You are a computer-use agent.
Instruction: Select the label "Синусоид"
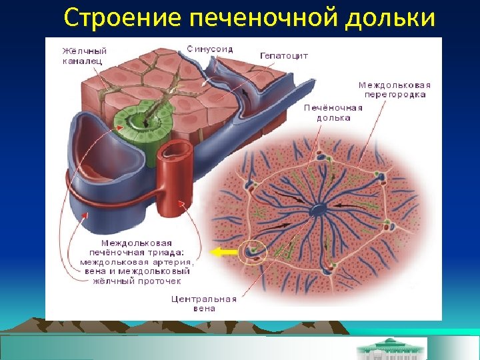coord(209,48)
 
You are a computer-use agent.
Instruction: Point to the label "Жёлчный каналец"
coord(84,55)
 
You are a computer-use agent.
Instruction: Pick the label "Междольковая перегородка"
coord(394,89)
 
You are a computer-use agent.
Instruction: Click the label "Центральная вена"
coord(203,303)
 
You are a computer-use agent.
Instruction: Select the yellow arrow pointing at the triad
coord(224,252)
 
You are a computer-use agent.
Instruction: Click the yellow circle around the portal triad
coord(253,251)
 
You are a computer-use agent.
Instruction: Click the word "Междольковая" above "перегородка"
coord(394,85)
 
